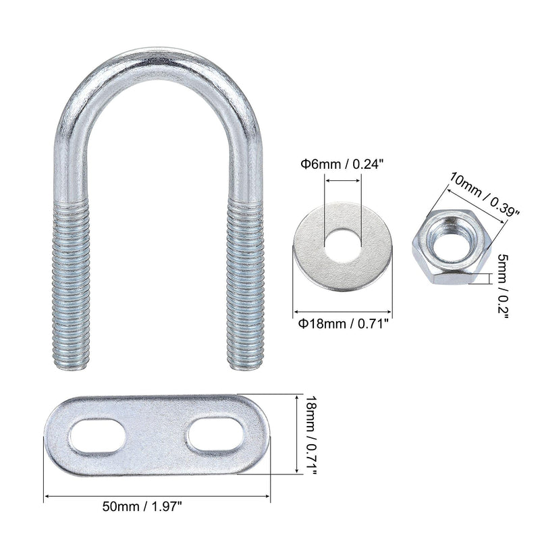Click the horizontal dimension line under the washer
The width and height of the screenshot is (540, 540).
click(342, 313)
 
